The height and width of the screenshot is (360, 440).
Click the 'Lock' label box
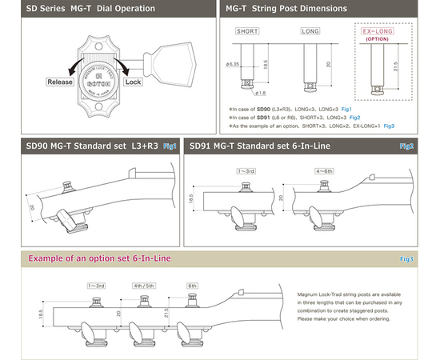point(134,82)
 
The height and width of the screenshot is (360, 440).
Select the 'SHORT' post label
point(247,31)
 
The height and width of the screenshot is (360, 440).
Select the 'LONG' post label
point(310,31)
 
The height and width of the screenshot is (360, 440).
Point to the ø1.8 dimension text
point(262,93)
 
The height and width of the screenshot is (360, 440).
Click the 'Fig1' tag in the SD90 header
point(170,146)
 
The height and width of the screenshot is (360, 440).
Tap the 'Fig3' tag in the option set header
point(406,259)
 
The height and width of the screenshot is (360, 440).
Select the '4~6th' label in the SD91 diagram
point(324,170)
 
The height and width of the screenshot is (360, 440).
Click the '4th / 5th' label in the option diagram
point(144,284)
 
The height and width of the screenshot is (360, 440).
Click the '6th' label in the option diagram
point(192,284)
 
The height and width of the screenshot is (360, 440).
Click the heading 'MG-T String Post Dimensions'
point(286,9)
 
